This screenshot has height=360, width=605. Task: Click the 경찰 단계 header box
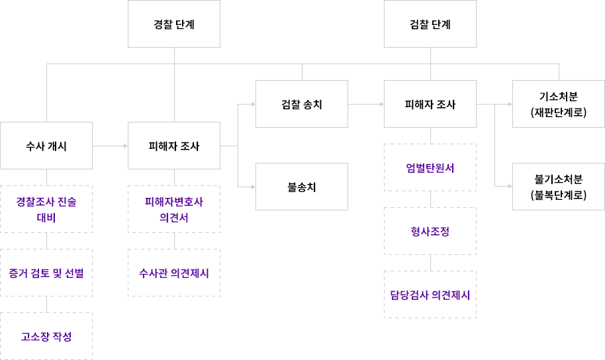coord(173,24)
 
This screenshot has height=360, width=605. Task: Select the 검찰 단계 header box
coord(430,24)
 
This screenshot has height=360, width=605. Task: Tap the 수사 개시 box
coord(46,146)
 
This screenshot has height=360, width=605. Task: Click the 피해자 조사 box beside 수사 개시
coord(173,146)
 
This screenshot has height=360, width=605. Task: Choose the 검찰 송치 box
coord(301,104)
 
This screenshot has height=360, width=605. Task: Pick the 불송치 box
coord(301,187)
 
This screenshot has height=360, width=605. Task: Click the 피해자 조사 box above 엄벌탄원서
coord(430,104)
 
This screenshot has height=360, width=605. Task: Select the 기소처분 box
coord(558,104)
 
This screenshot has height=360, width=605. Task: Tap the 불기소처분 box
coord(558,187)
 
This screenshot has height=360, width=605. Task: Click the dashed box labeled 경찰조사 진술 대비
coord(46,209)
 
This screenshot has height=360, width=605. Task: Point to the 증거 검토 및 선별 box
coord(46,273)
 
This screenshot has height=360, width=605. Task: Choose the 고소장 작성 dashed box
coord(46,336)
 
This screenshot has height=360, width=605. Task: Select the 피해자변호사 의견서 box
coord(173,209)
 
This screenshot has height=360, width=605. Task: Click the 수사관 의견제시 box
coord(173,273)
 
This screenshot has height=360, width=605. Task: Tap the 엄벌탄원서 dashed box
coord(430,167)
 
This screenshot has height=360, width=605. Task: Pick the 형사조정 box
coord(430,231)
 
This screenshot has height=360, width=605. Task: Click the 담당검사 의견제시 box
coord(430,294)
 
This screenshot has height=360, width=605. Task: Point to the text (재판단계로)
coord(558,112)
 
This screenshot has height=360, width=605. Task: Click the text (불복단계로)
coord(558,195)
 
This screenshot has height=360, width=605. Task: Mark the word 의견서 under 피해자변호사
coord(173,218)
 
